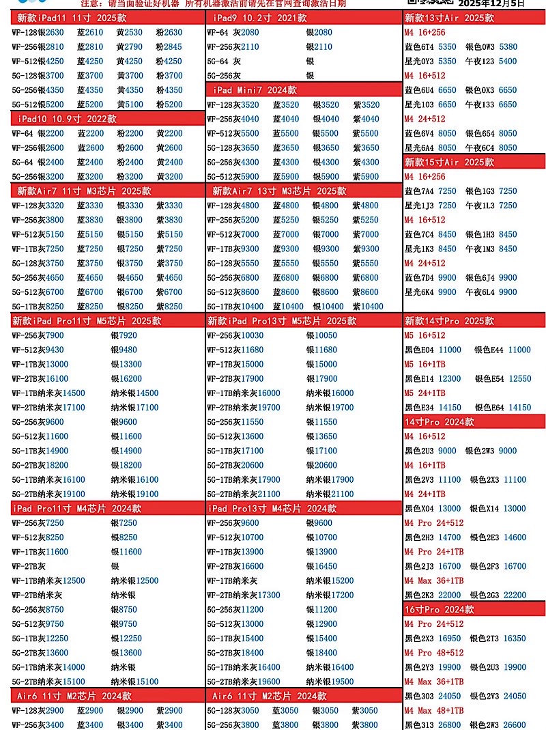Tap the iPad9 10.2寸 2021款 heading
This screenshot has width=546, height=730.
pyautogui.click(x=255, y=18)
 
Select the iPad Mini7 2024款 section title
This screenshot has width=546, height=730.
pyautogui.click(x=255, y=90)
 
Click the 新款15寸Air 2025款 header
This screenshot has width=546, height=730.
pyautogui.click(x=449, y=162)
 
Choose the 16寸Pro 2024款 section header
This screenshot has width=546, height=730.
pyautogui.click(x=440, y=609)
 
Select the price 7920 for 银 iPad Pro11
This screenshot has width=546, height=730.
pyautogui.click(x=127, y=335)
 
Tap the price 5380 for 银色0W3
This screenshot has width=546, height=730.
pyautogui.click(x=508, y=47)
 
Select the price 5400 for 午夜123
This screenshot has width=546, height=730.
pyautogui.click(x=508, y=61)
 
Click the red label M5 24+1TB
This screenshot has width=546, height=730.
pyautogui.click(x=425, y=393)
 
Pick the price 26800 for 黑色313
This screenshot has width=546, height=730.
pyautogui.click(x=449, y=725)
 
